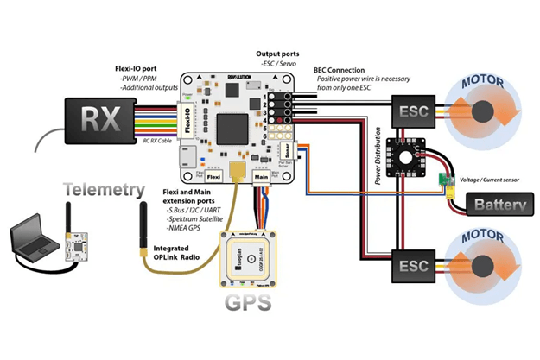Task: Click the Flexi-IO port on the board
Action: tap(187, 121)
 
